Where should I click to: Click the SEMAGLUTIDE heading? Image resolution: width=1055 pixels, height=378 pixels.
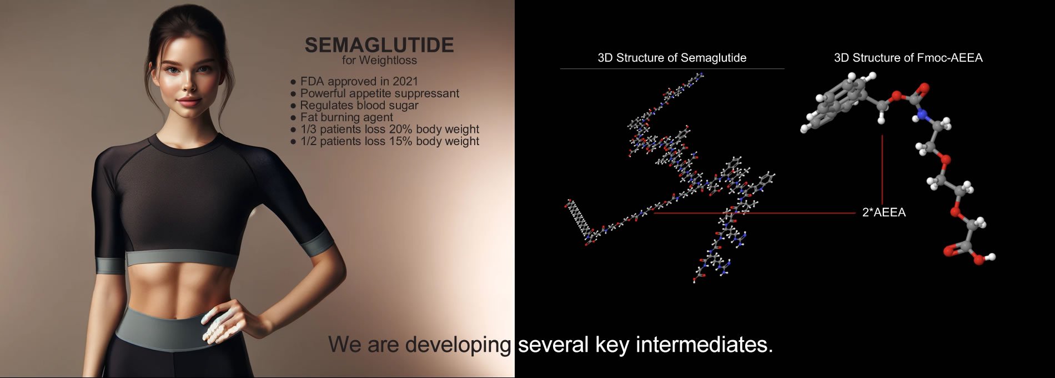pos(379,45)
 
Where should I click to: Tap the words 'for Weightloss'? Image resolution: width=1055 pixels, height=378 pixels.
pos(379,60)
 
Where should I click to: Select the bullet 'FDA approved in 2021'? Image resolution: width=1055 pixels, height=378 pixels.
pos(359,81)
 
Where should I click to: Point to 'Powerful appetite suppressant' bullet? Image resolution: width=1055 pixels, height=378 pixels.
pos(379,93)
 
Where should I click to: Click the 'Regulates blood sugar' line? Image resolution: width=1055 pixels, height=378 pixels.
pos(359,105)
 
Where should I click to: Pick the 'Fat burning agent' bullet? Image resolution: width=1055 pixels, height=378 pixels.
pos(346,117)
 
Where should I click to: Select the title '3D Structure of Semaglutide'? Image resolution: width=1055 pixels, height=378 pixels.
pos(672,58)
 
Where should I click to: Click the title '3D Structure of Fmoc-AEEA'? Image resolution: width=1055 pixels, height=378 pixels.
pos(908,58)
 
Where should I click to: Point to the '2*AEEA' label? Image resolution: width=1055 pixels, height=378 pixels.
pos(884,212)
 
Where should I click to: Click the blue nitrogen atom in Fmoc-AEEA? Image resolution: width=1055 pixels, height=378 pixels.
pos(922,116)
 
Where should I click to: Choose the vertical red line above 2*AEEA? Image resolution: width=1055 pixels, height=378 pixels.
pos(882,169)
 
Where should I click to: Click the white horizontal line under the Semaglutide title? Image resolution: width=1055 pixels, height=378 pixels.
pos(672,69)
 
